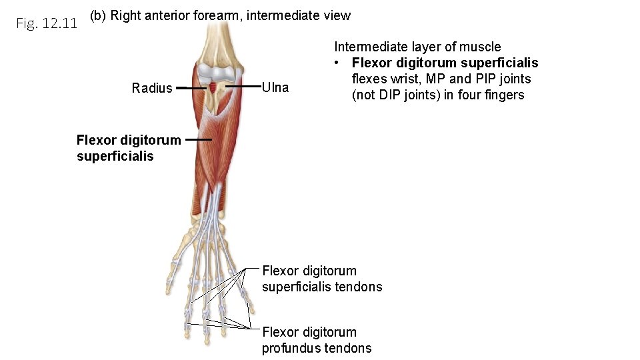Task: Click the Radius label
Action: point(152,88)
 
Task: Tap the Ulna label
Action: point(275,87)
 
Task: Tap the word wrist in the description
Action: point(399,79)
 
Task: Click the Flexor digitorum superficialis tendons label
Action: point(322,279)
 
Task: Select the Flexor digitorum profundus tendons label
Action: point(317,340)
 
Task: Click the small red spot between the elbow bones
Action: point(213,87)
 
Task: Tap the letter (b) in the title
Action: point(97,15)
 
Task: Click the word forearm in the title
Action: point(217,15)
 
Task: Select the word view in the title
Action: point(337,15)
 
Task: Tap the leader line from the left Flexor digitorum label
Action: point(199,140)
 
